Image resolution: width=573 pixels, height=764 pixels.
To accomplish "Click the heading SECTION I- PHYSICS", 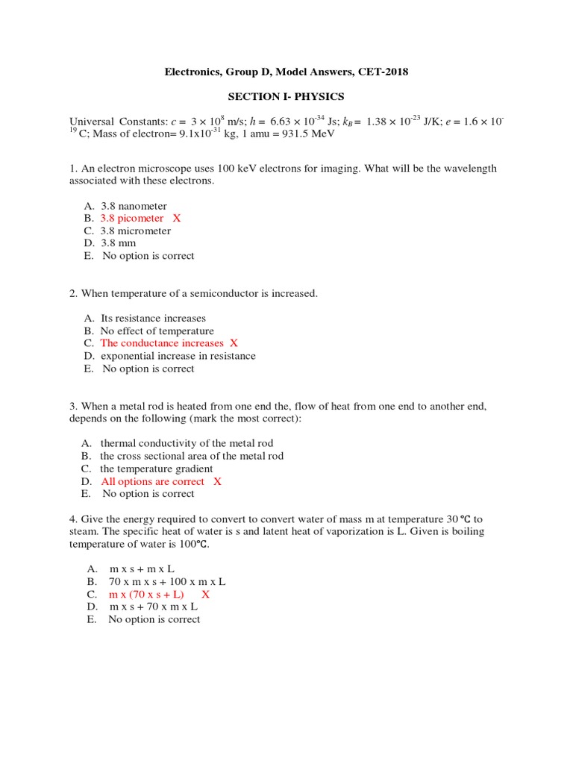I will click(286, 97).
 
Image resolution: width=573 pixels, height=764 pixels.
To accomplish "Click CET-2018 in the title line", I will click(381, 72).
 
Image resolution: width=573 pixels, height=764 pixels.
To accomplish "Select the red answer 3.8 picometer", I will click(132, 219).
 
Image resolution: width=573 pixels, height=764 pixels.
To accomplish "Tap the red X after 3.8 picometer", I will click(177, 219).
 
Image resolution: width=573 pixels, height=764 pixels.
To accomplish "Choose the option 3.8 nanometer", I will click(134, 206).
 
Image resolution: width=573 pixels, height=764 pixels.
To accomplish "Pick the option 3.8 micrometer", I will click(136, 231).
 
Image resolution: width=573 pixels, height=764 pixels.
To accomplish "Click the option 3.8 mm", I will click(120, 243).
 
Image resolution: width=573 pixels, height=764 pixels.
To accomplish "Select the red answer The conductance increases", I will click(162, 343).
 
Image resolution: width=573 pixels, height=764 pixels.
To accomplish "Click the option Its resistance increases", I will click(153, 319).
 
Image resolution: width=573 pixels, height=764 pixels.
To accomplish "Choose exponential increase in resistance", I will click(178, 356).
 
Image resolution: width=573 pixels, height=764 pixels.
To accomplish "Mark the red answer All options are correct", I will click(152, 481).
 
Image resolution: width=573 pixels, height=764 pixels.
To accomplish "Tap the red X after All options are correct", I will click(217, 481).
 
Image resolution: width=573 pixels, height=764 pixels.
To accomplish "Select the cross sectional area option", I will click(192, 456).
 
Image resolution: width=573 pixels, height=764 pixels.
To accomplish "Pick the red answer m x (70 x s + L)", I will click(146, 595).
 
